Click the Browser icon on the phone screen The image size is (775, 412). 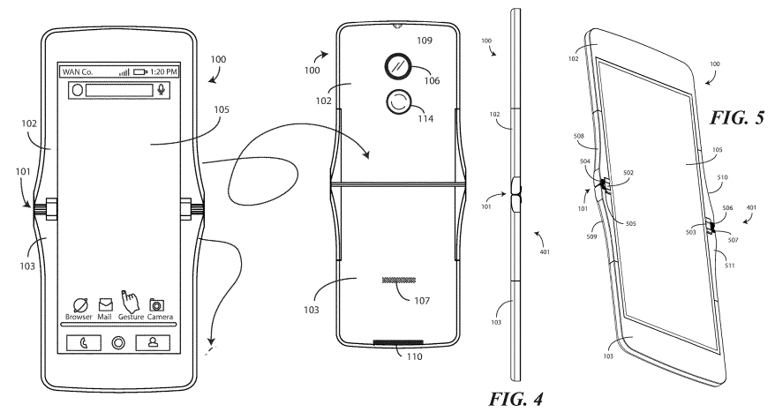[80, 304]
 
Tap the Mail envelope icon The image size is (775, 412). [105, 304]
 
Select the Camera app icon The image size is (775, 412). [158, 304]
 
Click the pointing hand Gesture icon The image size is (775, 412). [130, 300]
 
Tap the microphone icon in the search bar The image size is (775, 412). [162, 90]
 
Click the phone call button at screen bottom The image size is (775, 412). [84, 342]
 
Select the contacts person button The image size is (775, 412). [153, 342]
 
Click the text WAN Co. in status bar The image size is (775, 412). [78, 71]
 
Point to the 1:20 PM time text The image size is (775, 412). [163, 71]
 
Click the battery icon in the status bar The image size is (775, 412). [139, 72]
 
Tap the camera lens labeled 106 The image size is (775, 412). [397, 66]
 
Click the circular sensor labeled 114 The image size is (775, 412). [398, 102]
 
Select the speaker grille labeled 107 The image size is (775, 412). [399, 280]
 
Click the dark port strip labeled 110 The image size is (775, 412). [398, 341]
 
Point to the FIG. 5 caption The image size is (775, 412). [737, 117]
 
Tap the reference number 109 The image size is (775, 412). [424, 41]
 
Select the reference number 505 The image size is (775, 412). [630, 224]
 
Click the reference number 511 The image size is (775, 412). [729, 266]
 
